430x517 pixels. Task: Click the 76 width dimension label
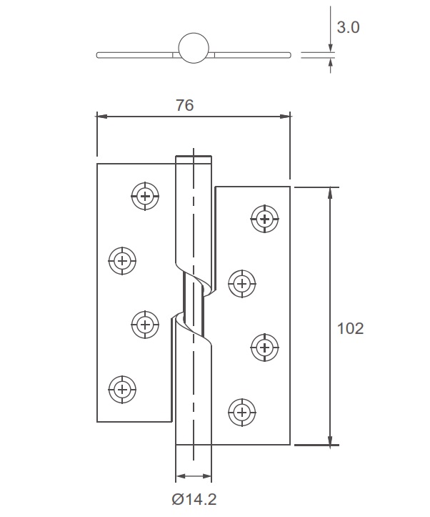click(184, 105)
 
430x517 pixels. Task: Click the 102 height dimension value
click(350, 328)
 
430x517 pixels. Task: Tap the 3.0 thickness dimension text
click(348, 27)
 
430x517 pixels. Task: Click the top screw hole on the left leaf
click(146, 195)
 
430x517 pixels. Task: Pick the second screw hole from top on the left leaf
click(122, 260)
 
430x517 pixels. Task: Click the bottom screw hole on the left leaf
click(122, 390)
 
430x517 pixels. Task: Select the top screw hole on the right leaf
click(265, 218)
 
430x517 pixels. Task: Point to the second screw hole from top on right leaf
click(241, 283)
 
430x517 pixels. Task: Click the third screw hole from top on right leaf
click(265, 348)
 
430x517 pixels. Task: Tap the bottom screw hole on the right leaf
click(241, 412)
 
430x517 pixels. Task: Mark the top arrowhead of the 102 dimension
click(330, 192)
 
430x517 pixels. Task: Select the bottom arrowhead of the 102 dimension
click(330, 440)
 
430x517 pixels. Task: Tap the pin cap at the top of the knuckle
click(193, 159)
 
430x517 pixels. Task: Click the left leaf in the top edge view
click(136, 54)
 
